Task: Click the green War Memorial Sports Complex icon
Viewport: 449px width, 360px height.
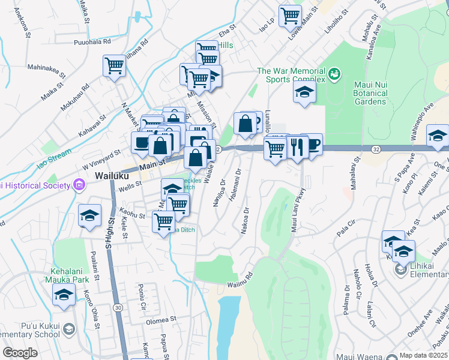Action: pos(335,74)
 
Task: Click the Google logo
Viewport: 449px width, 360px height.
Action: pos(20,353)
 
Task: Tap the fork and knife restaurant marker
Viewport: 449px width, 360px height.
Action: pos(297,145)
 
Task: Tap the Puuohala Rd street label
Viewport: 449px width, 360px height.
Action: pos(92,42)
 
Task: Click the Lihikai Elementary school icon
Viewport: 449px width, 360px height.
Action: pos(400,271)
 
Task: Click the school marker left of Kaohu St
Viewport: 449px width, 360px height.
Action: pos(89,215)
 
